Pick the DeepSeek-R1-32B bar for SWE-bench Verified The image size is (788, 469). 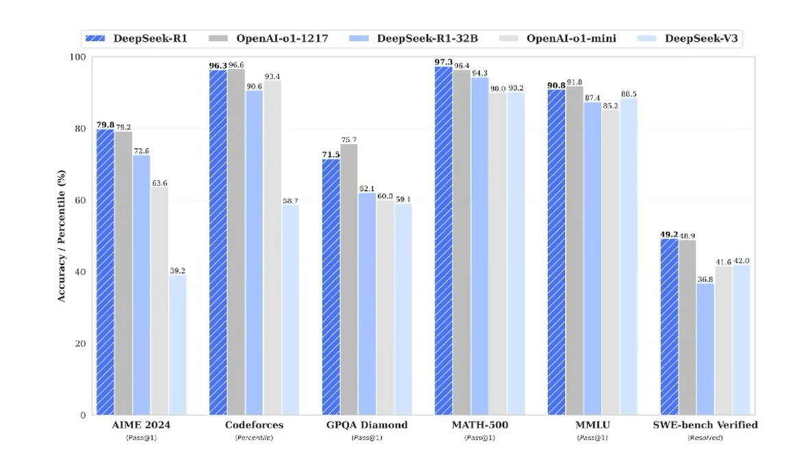click(x=704, y=349)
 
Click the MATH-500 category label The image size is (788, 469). click(x=479, y=425)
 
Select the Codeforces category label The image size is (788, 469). click(x=254, y=425)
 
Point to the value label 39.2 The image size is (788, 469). click(x=178, y=271)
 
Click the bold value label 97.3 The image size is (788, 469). click(x=443, y=62)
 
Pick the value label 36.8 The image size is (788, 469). click(x=704, y=279)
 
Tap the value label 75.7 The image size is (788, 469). click(x=349, y=140)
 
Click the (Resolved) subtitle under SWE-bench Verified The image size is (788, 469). click(x=704, y=437)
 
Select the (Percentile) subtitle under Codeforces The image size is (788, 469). click(x=254, y=437)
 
